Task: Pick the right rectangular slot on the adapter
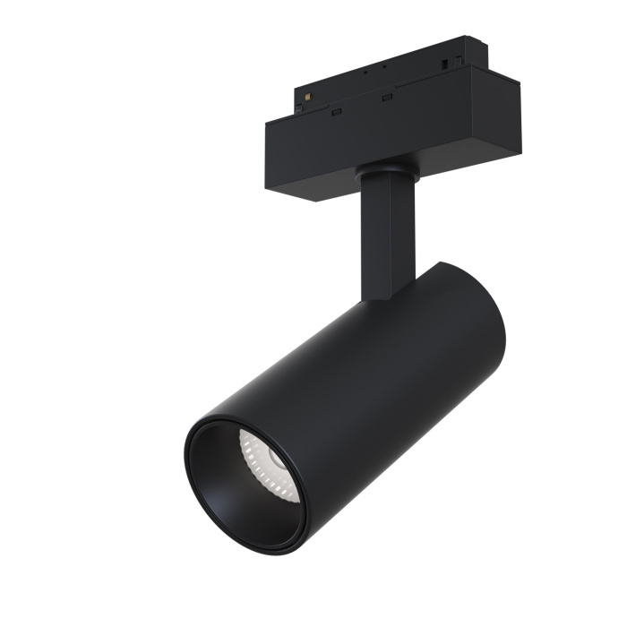point(386,96)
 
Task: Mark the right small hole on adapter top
point(386,67)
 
